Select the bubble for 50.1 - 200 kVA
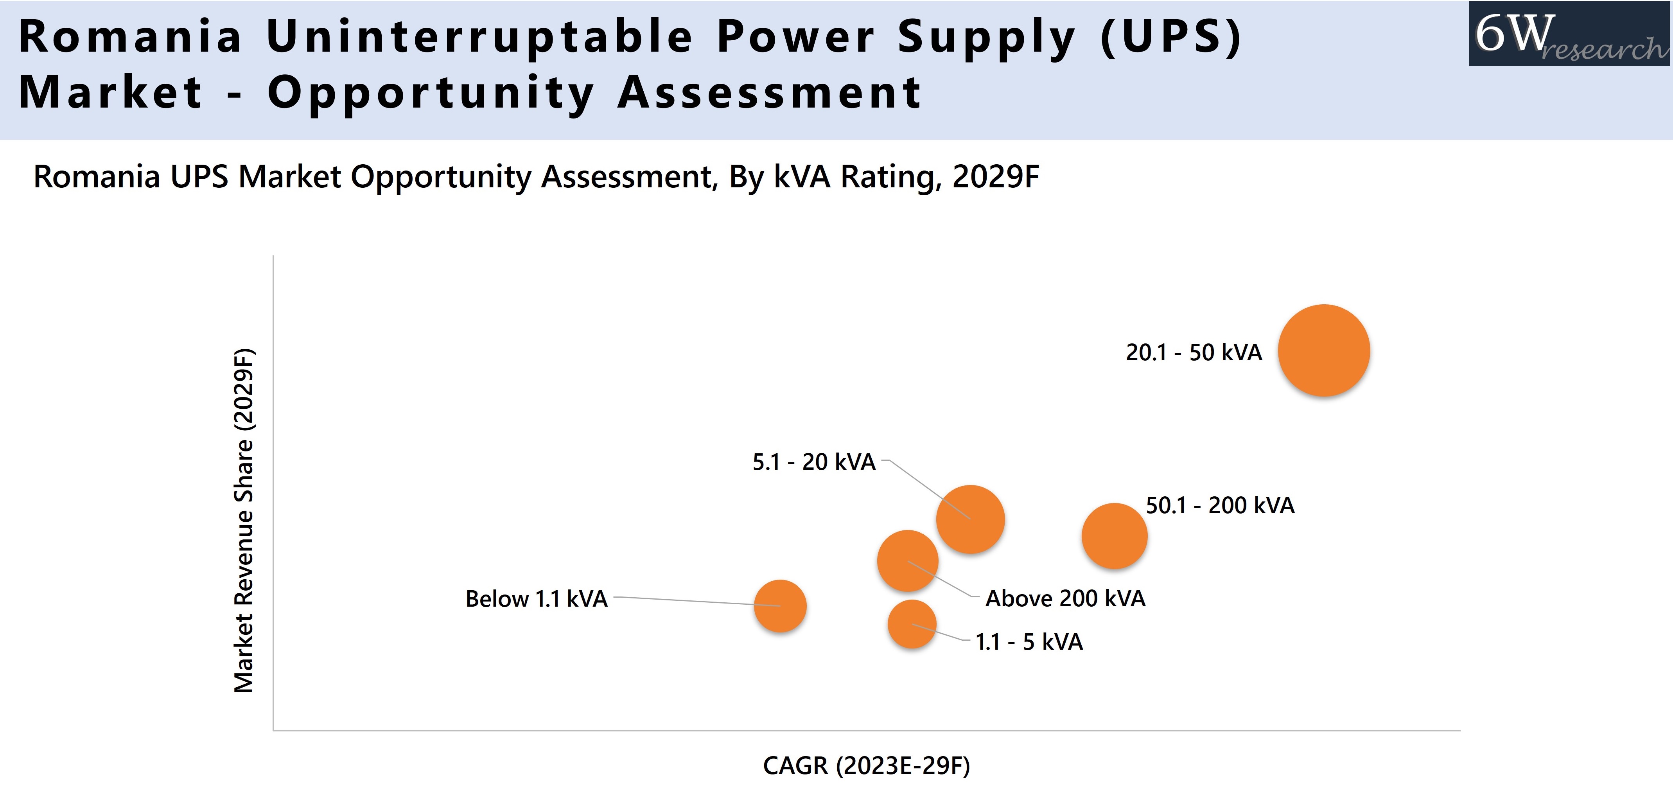point(1114,536)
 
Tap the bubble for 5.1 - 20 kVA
point(970,519)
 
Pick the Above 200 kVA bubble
point(907,560)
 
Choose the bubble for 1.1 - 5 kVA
point(912,624)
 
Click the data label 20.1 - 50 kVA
point(1194,352)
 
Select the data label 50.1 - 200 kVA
point(1220,505)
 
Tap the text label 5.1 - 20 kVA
point(814,462)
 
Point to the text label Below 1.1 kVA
point(537,598)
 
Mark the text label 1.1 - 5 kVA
point(1029,642)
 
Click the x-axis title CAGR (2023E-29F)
point(866,765)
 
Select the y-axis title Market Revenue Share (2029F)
point(244,520)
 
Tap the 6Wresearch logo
point(1569,34)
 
